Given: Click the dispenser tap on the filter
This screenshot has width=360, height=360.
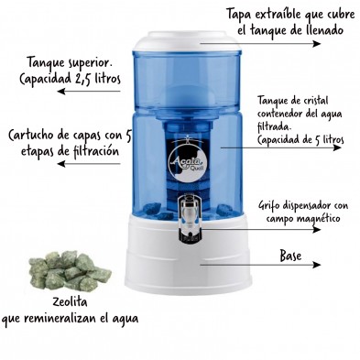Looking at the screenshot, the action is tap(190, 217).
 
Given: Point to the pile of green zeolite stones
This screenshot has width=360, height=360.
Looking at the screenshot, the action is tap(70, 270).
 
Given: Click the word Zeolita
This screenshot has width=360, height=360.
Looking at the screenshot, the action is tap(70, 302).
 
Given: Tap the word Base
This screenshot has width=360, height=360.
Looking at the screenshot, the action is tap(290, 256).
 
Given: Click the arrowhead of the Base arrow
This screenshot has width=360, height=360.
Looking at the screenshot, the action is tap(317, 265).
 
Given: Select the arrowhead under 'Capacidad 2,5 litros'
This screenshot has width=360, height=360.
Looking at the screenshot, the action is tap(61, 91).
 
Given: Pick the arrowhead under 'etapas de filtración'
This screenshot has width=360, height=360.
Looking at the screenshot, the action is tap(61, 164).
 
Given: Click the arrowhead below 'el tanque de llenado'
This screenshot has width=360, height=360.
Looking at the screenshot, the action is tap(317, 43).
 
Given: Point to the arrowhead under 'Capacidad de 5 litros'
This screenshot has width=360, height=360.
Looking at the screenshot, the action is tap(337, 147).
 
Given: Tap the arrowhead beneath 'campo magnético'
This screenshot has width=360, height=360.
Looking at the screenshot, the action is tap(317, 229).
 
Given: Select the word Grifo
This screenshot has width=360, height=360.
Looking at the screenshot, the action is tap(268, 206).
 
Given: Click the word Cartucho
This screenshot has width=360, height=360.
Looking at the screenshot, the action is tap(32, 136).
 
